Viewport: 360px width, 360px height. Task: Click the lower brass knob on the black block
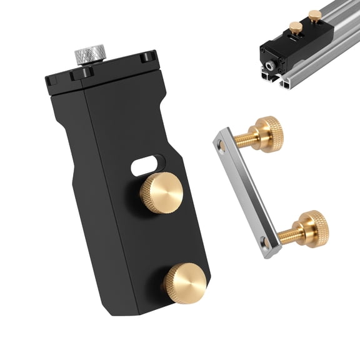pos(185,282)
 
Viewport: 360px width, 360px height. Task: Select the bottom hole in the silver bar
pos(264,241)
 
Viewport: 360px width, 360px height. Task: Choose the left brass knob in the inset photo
pos(294,27)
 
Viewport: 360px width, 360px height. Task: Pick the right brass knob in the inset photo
pos(313,15)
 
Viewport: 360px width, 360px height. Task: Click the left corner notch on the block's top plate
pos(53,79)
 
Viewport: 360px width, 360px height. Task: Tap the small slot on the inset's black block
pos(294,42)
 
